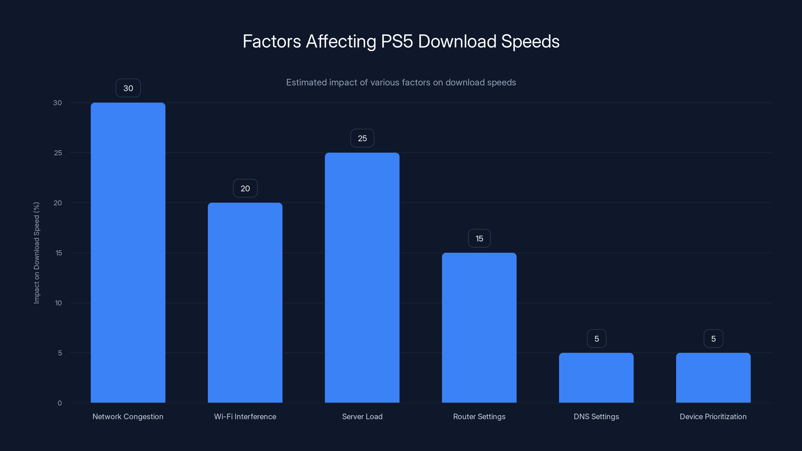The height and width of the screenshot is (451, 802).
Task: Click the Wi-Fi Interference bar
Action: (x=245, y=302)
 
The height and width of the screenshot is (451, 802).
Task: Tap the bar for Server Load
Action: (x=362, y=277)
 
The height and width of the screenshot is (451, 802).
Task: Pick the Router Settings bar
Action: (x=479, y=327)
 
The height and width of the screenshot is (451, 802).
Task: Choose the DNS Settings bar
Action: (x=596, y=378)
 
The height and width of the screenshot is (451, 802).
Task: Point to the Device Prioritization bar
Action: (x=713, y=378)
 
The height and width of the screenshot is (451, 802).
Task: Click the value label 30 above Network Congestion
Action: (x=128, y=88)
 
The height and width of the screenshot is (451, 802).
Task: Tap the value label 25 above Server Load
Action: (x=362, y=138)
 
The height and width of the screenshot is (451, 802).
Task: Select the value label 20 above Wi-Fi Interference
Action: (x=245, y=188)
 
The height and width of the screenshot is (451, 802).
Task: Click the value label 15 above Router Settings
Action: (x=479, y=239)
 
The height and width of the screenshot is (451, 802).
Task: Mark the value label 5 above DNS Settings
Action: (x=596, y=339)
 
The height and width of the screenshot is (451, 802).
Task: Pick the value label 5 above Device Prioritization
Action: (x=714, y=339)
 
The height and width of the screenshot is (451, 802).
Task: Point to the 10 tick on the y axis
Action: (x=58, y=303)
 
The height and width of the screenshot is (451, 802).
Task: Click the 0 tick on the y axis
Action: (x=59, y=403)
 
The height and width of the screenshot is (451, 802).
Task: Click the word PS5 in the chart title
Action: (x=397, y=41)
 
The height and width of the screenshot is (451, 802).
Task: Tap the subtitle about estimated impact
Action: (x=401, y=82)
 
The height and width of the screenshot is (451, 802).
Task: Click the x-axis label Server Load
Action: (x=362, y=416)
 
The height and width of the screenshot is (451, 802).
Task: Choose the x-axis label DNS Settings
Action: (x=596, y=416)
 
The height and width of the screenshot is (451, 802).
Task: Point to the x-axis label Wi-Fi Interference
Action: (x=245, y=416)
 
